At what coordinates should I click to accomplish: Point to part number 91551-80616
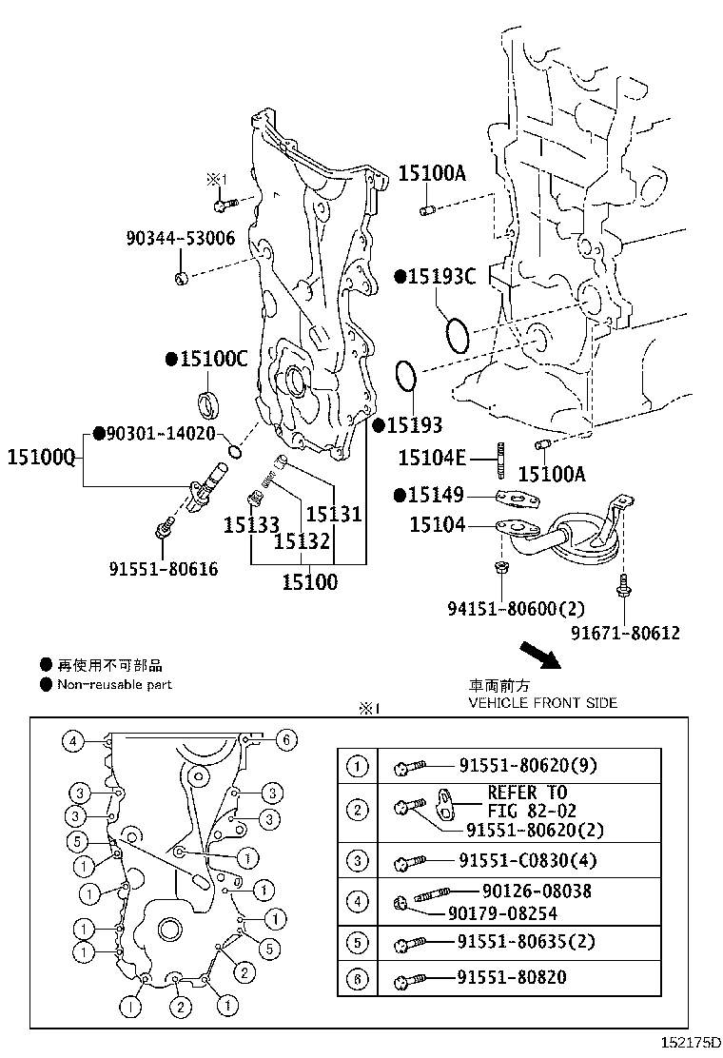163,569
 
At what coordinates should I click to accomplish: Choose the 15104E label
432,459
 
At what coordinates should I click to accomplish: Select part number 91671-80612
625,633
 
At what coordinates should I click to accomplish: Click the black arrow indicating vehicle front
538,657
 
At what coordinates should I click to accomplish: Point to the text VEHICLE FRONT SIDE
542,703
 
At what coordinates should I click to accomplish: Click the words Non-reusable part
114,684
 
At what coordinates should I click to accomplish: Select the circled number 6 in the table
357,978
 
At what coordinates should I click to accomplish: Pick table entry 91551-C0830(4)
528,861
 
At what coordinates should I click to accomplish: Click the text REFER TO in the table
527,793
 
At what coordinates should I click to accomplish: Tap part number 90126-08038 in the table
537,891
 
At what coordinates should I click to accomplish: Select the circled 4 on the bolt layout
72,739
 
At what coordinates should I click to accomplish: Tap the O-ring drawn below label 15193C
457,335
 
